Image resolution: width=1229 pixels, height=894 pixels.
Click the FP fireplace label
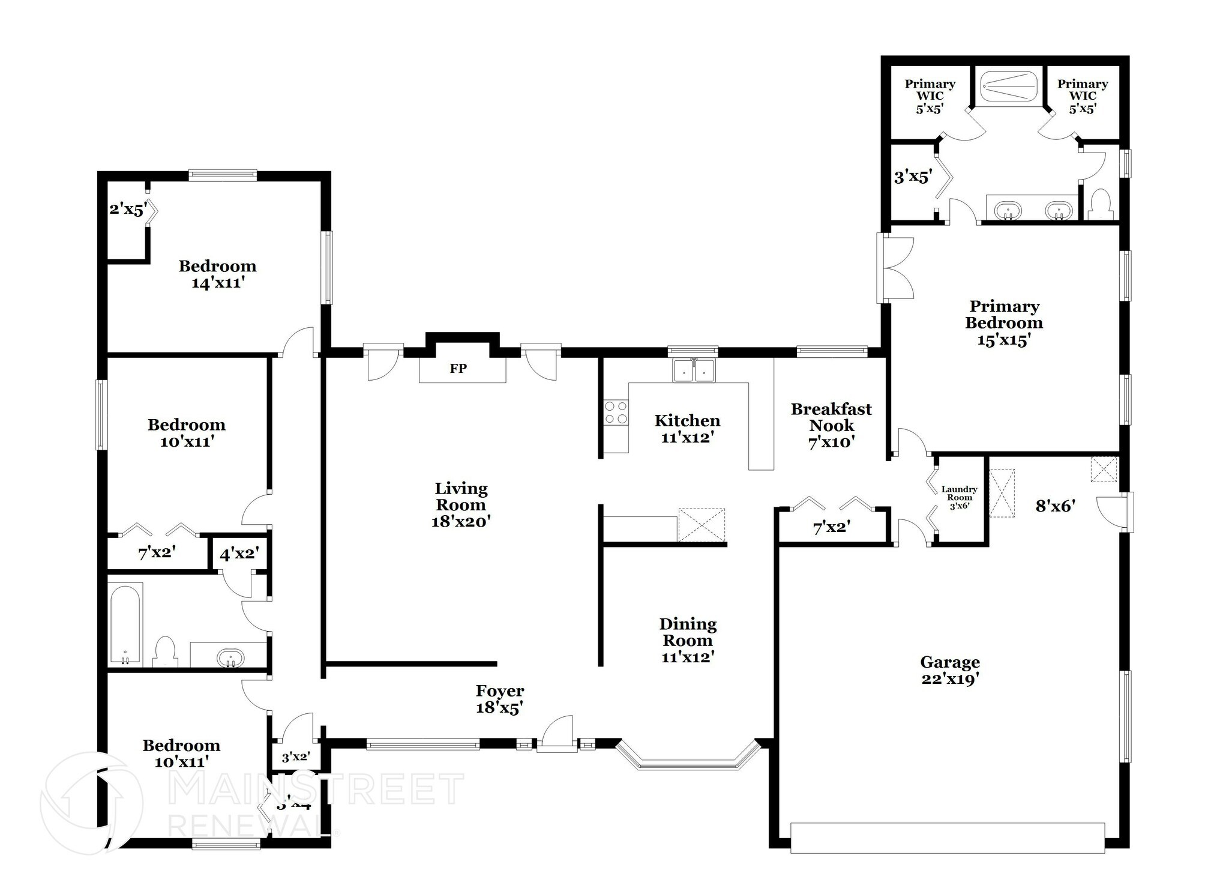pos(458,369)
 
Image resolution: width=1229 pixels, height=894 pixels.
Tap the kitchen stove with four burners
pos(616,412)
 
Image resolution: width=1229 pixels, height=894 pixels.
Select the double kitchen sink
pos(693,370)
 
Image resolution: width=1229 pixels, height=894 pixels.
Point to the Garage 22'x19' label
pos(950,670)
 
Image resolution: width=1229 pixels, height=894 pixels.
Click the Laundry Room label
pos(959,497)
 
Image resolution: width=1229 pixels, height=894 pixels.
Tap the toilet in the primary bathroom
pos(1101,204)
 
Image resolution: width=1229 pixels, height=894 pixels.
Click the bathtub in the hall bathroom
pos(125,624)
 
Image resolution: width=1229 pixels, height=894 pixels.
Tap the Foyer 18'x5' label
pos(500,699)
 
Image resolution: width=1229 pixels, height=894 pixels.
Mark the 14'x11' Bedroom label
pos(217,274)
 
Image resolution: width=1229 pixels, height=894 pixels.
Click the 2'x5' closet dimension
pos(128,210)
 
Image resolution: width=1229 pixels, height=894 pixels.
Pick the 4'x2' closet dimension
pos(239,554)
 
